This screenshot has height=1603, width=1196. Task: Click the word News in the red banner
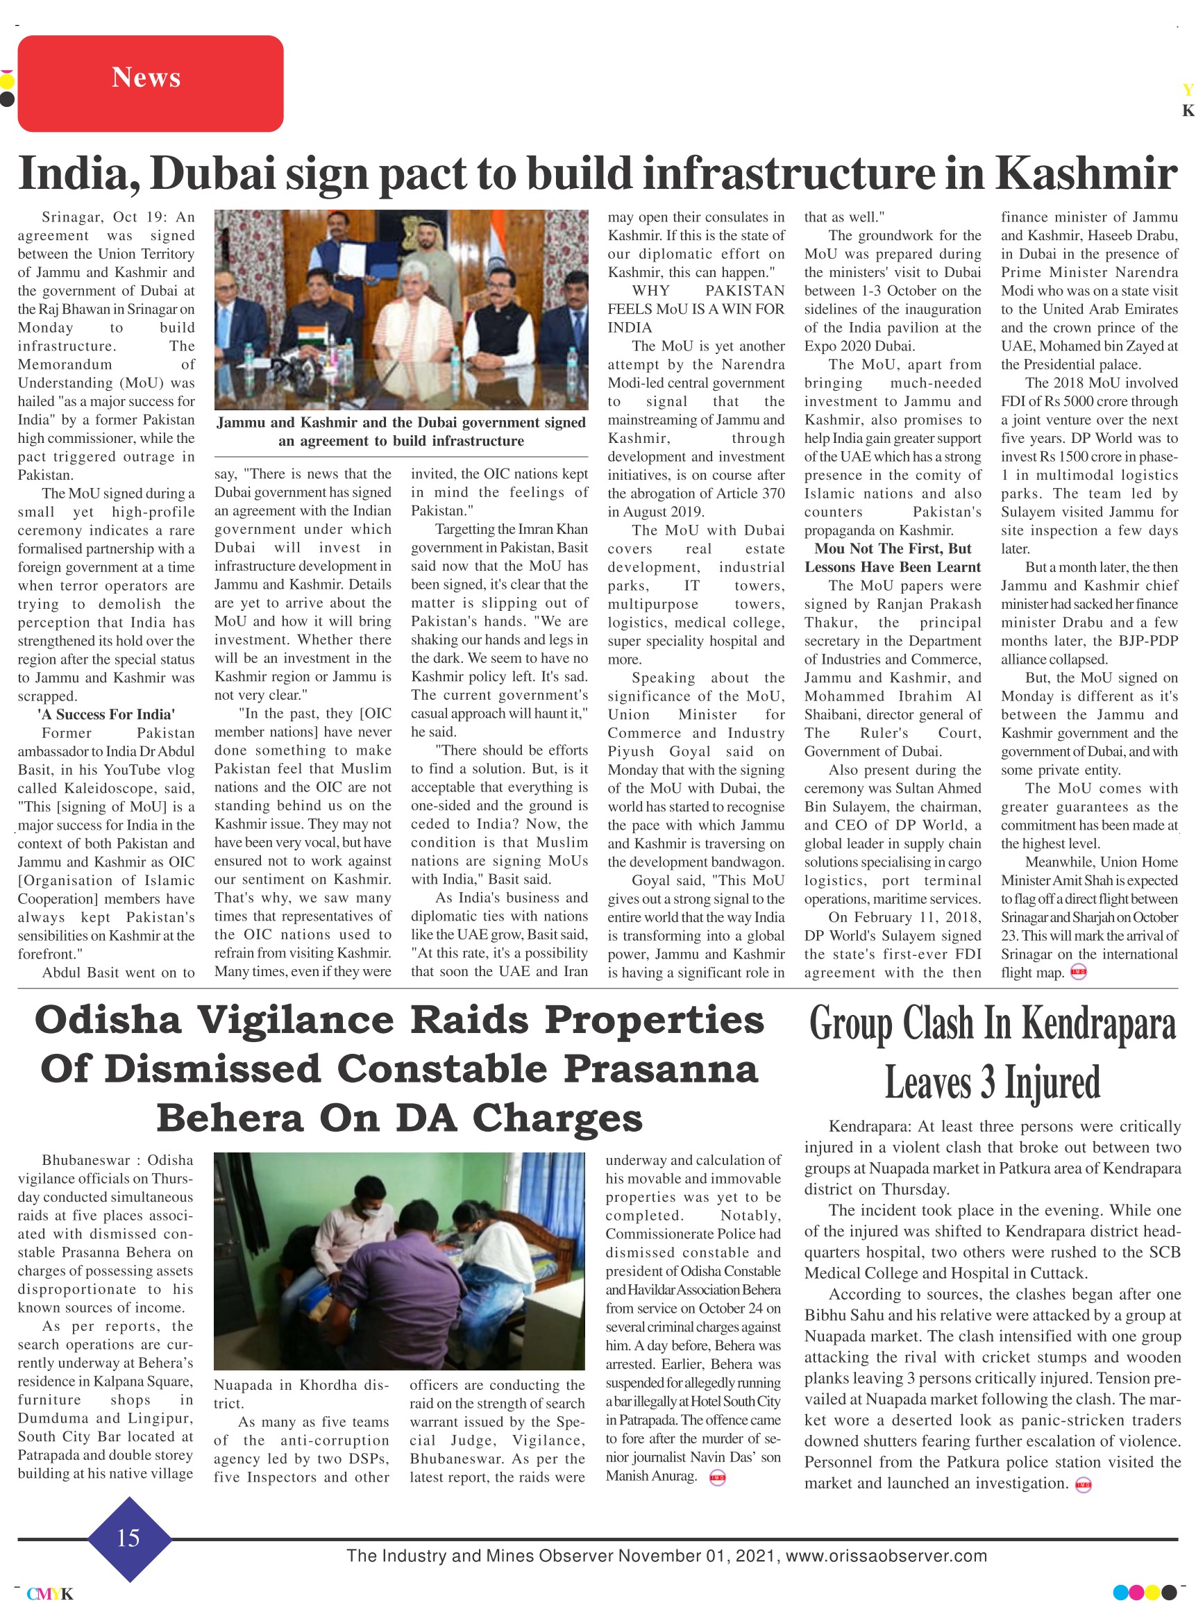point(146,78)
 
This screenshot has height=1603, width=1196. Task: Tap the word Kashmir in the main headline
point(1086,174)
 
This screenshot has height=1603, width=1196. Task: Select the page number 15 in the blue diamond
point(128,1538)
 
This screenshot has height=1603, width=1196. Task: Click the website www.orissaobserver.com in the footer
point(886,1556)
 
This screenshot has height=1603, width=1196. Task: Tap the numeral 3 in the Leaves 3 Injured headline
point(988,1083)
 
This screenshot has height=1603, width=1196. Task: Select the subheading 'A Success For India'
point(106,714)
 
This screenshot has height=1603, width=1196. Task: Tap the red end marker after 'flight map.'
point(1078,973)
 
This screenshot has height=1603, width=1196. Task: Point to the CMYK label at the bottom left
point(50,1593)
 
